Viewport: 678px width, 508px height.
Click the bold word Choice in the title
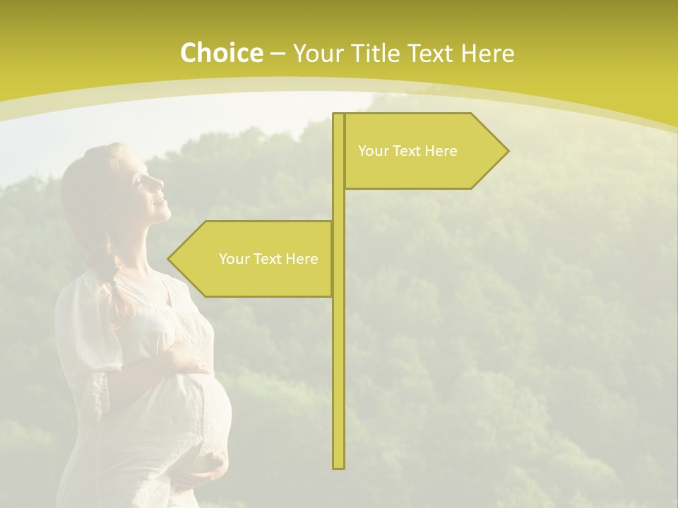click(x=221, y=54)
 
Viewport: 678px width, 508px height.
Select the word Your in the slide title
click(x=317, y=54)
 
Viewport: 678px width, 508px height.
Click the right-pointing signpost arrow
click(x=424, y=151)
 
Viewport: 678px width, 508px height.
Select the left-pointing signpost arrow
click(x=251, y=259)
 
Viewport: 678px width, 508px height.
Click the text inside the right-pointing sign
click(x=408, y=151)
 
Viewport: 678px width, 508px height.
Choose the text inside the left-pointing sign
click(x=268, y=259)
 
